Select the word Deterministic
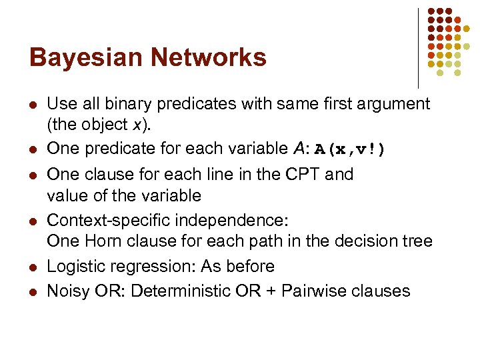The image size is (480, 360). tap(177, 291)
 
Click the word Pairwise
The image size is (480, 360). tap(315, 291)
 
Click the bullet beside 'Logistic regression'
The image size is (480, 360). tap(33, 267)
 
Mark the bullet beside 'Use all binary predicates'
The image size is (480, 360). tap(33, 105)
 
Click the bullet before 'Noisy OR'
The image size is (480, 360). tap(33, 292)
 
